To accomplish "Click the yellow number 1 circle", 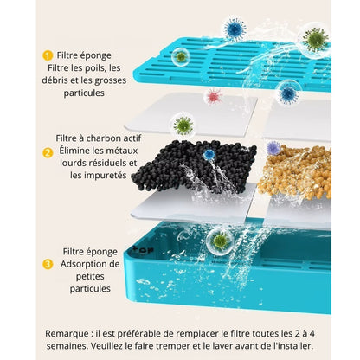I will click(x=48, y=55).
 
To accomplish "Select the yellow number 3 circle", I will click(x=48, y=263).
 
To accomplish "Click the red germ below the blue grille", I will click(x=213, y=95).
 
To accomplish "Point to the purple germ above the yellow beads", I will click(x=274, y=148).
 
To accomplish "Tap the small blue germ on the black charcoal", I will click(x=209, y=154).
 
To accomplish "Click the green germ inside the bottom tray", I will click(x=221, y=239).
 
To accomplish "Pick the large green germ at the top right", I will click(x=315, y=40).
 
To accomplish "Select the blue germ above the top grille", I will click(x=235, y=29).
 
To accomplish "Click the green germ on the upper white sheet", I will click(x=183, y=125).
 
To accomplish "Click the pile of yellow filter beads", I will click(x=296, y=171).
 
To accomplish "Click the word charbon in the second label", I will click(x=106, y=138).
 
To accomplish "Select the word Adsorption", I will click(x=93, y=264).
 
